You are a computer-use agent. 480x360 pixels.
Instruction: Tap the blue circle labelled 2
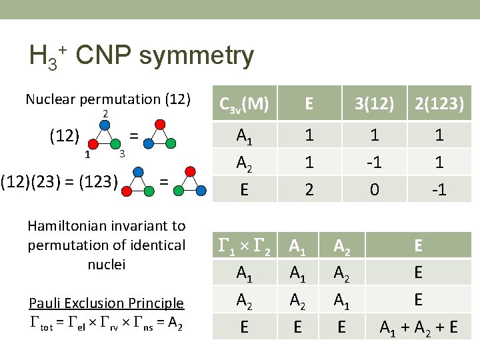[105, 125]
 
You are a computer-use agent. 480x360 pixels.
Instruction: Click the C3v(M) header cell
[244, 103]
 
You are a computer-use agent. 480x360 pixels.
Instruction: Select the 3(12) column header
[375, 103]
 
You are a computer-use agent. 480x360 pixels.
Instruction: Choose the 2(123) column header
[439, 103]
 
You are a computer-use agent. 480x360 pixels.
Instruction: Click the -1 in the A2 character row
[375, 162]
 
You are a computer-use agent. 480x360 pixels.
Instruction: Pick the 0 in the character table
[375, 189]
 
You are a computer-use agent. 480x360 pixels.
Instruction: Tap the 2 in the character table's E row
[309, 189]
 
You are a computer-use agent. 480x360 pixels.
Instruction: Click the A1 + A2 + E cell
[418, 327]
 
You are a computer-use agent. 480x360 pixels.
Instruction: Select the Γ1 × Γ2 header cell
[244, 246]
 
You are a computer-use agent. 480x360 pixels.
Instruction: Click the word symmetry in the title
[197, 56]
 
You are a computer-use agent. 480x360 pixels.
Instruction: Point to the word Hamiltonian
[65, 226]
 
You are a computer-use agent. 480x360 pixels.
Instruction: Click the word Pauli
[45, 303]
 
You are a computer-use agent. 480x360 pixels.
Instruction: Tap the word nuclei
[107, 264]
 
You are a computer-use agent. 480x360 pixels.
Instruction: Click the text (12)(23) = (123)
[60, 180]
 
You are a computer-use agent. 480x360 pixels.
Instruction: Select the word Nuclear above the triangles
[50, 100]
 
